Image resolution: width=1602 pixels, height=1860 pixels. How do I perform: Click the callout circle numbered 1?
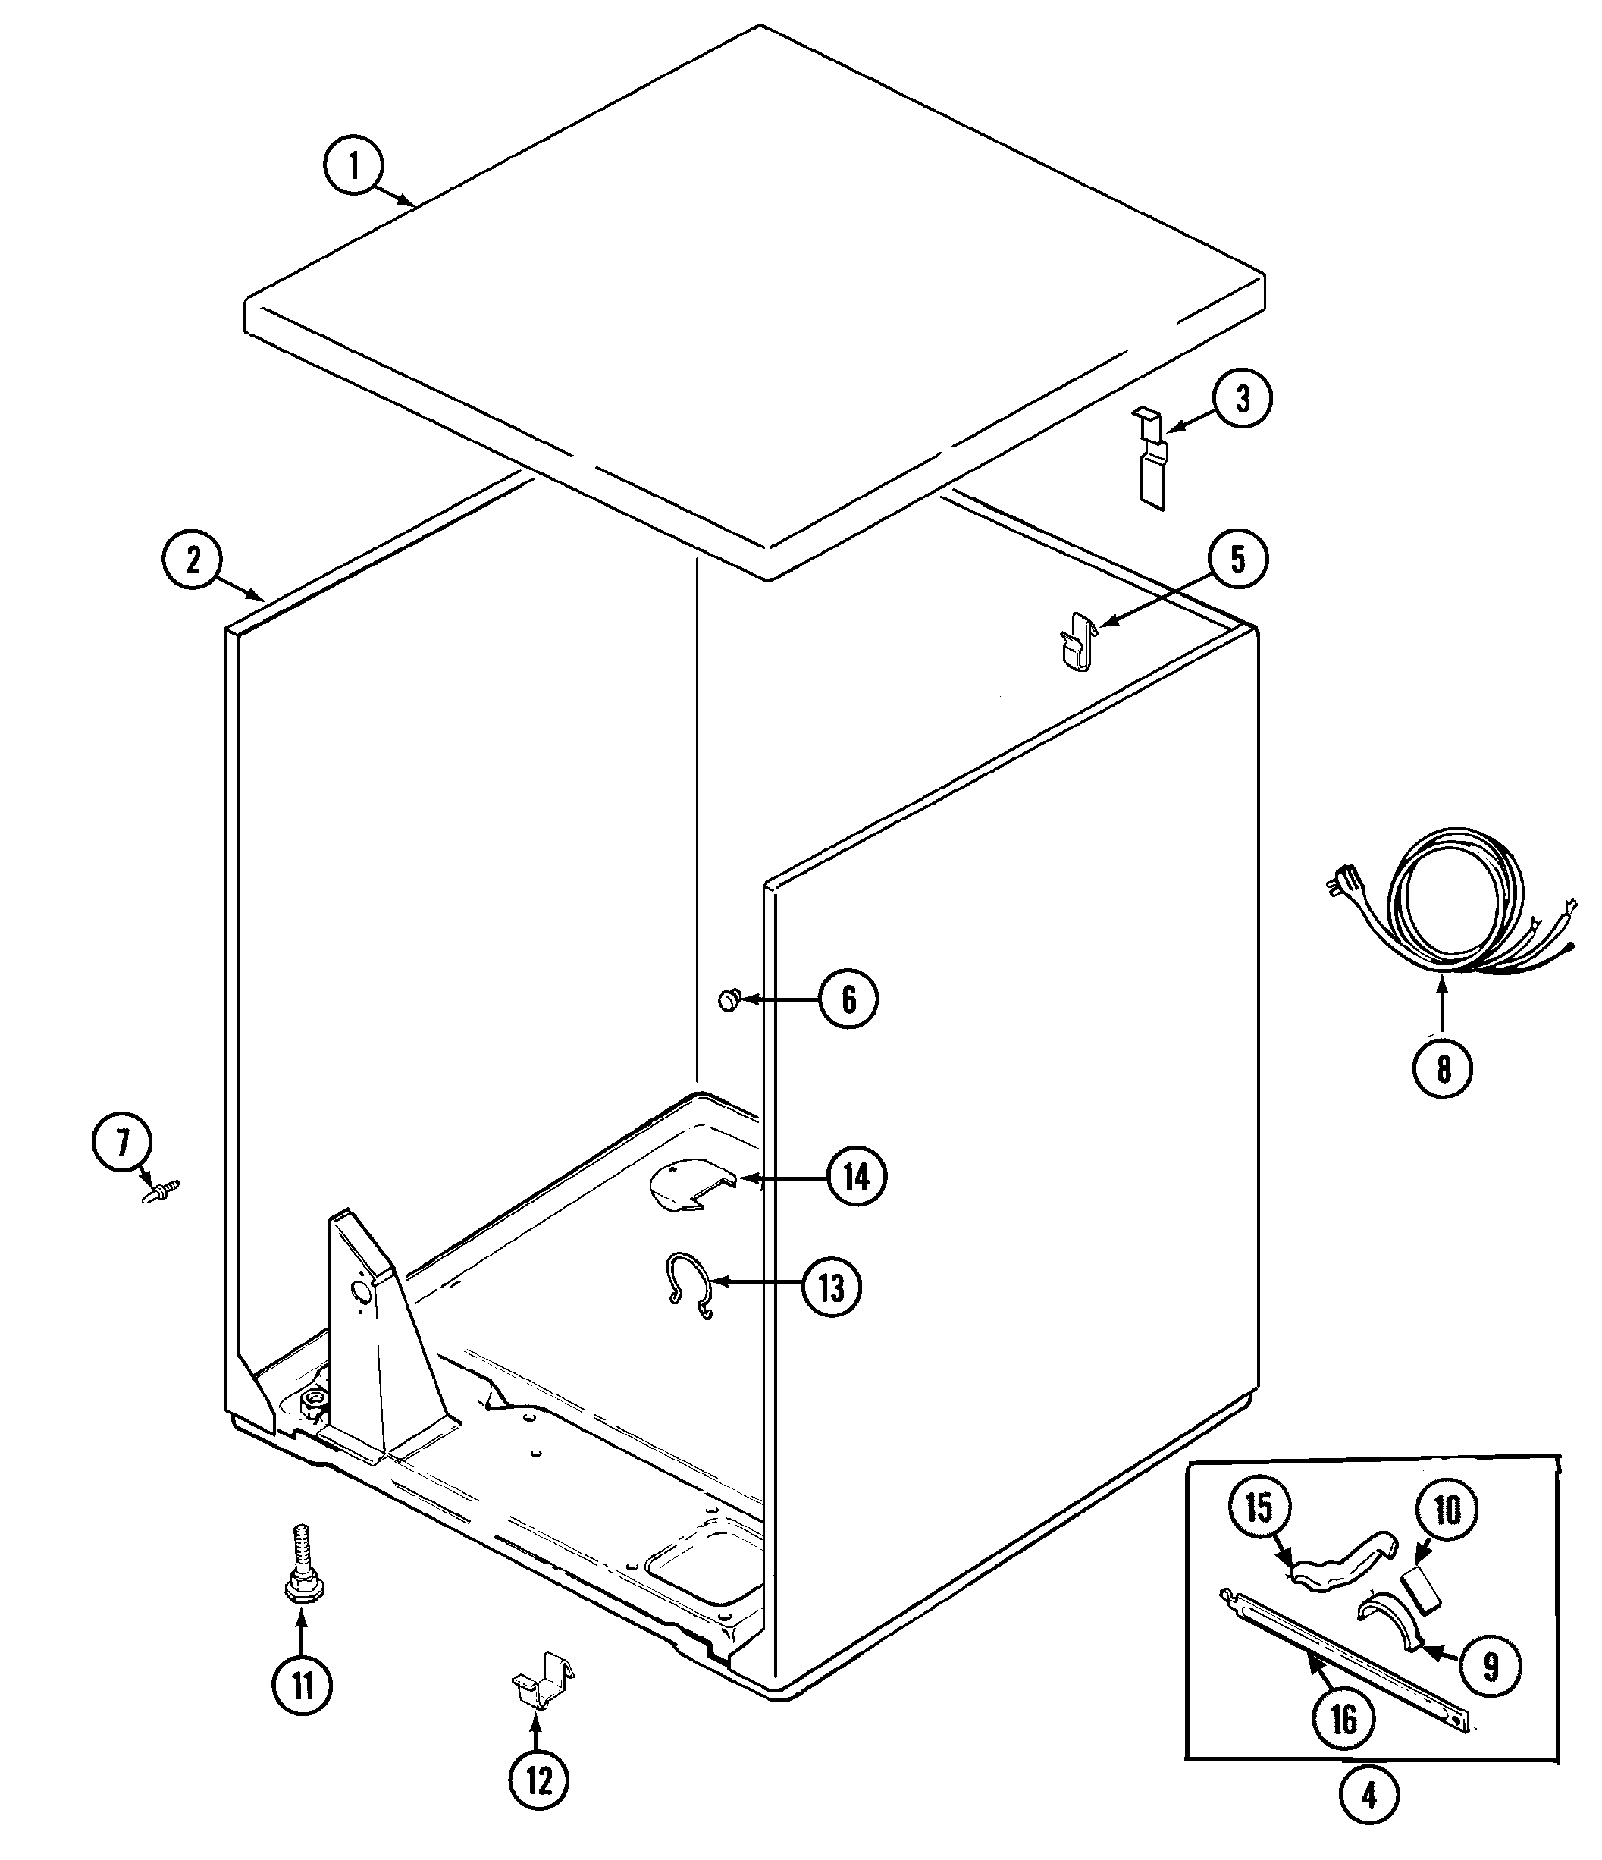click(x=353, y=167)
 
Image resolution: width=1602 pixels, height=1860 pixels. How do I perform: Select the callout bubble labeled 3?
click(x=1242, y=400)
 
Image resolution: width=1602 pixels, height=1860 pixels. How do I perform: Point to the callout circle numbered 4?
click(x=1368, y=1796)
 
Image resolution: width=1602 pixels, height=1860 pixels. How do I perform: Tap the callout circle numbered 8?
click(x=1443, y=1068)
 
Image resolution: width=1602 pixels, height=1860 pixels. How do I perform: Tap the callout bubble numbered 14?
click(x=856, y=1176)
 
